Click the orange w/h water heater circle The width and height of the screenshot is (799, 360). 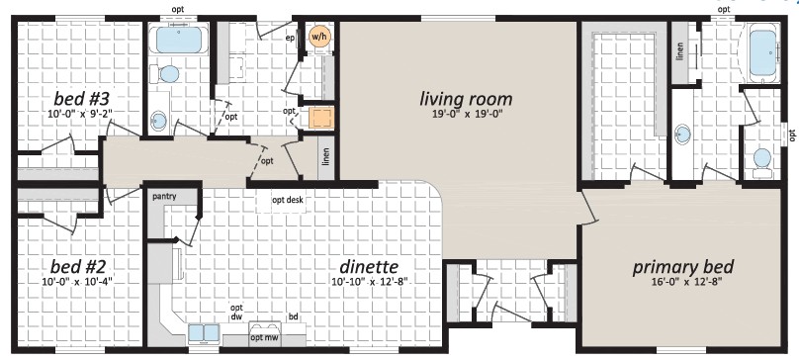point(318,38)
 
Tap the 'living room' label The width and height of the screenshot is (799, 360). point(466,99)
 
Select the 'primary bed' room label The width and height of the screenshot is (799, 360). point(683,267)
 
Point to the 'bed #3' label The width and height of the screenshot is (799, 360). point(81,98)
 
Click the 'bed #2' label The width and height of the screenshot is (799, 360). point(78,267)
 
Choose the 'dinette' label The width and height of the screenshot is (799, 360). point(369,267)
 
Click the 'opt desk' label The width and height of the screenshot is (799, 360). point(288,200)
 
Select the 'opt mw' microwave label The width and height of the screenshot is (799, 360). point(264,337)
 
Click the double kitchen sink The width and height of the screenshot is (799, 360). point(204,333)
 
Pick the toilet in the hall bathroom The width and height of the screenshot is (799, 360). point(167,74)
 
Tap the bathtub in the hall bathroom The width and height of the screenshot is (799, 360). point(178,41)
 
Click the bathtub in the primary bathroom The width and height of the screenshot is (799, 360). point(762,52)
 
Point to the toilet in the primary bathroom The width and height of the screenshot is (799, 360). point(762,161)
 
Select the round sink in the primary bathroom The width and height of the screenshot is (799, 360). point(681,136)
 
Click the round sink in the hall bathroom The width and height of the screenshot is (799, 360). point(159,121)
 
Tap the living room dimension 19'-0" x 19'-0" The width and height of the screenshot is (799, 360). point(466,114)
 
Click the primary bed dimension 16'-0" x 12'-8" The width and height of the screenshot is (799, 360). point(684,282)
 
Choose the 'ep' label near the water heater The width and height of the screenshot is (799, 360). point(291,37)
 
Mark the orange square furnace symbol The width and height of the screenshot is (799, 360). point(321,119)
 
